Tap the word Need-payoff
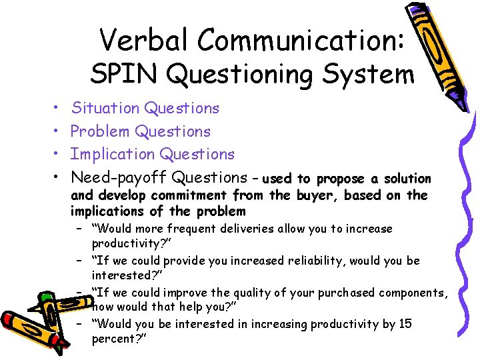(x=119, y=177)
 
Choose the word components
(x=410, y=293)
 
